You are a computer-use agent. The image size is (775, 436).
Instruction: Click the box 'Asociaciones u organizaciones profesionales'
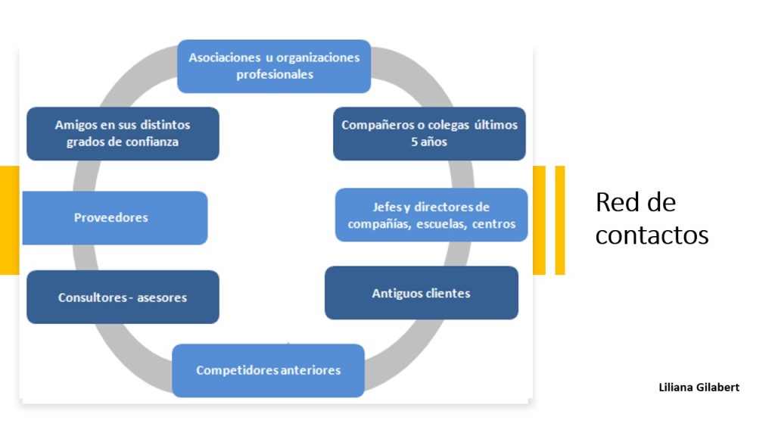click(274, 66)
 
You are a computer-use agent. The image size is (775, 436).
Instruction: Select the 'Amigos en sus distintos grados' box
click(123, 133)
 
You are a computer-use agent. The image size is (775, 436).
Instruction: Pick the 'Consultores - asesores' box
click(123, 297)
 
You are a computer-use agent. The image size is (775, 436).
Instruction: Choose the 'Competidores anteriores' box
click(268, 370)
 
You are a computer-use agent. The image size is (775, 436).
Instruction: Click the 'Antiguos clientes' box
click(422, 293)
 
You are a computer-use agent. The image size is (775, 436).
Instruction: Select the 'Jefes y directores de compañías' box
click(431, 215)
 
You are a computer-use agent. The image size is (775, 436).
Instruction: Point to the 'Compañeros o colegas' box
click(429, 133)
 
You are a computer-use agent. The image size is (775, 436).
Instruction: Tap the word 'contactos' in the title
click(652, 235)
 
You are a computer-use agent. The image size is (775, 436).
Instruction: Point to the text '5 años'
click(429, 142)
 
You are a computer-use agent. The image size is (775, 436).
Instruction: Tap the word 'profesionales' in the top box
click(274, 74)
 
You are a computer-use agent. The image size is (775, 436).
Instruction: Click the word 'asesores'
click(162, 297)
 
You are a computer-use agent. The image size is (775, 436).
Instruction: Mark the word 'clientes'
click(446, 293)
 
